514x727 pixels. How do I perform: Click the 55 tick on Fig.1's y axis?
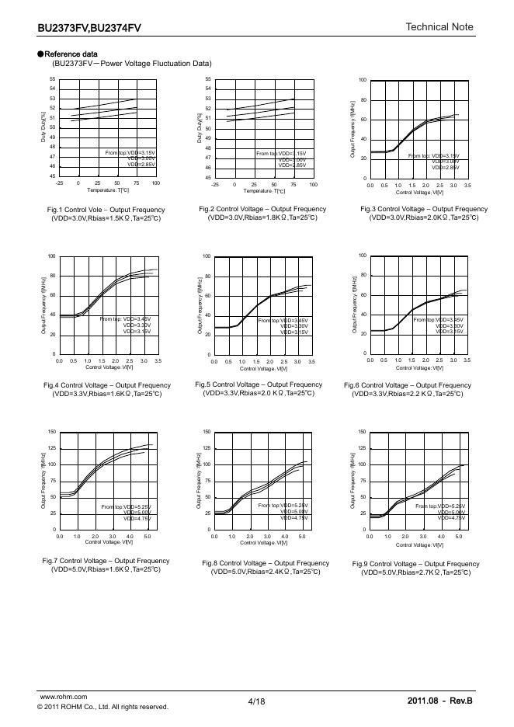[x=52, y=79]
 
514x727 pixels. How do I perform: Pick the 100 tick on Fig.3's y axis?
[x=362, y=81]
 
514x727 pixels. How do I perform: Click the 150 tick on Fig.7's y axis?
[x=51, y=432]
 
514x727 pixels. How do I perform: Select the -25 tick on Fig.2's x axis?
[x=215, y=185]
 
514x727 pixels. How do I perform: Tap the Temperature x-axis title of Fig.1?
[x=106, y=190]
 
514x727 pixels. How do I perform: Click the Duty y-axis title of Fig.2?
[x=200, y=127]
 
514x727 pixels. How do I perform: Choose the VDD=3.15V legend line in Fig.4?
[x=137, y=332]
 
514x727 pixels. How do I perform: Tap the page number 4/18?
[x=256, y=701]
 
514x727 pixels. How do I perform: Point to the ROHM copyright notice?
[x=102, y=707]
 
